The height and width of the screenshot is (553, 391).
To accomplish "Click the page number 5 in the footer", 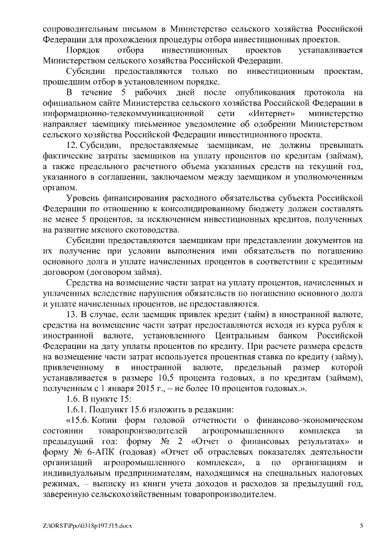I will point(361,525).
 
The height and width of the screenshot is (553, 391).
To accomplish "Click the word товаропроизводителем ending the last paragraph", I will point(233,496).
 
